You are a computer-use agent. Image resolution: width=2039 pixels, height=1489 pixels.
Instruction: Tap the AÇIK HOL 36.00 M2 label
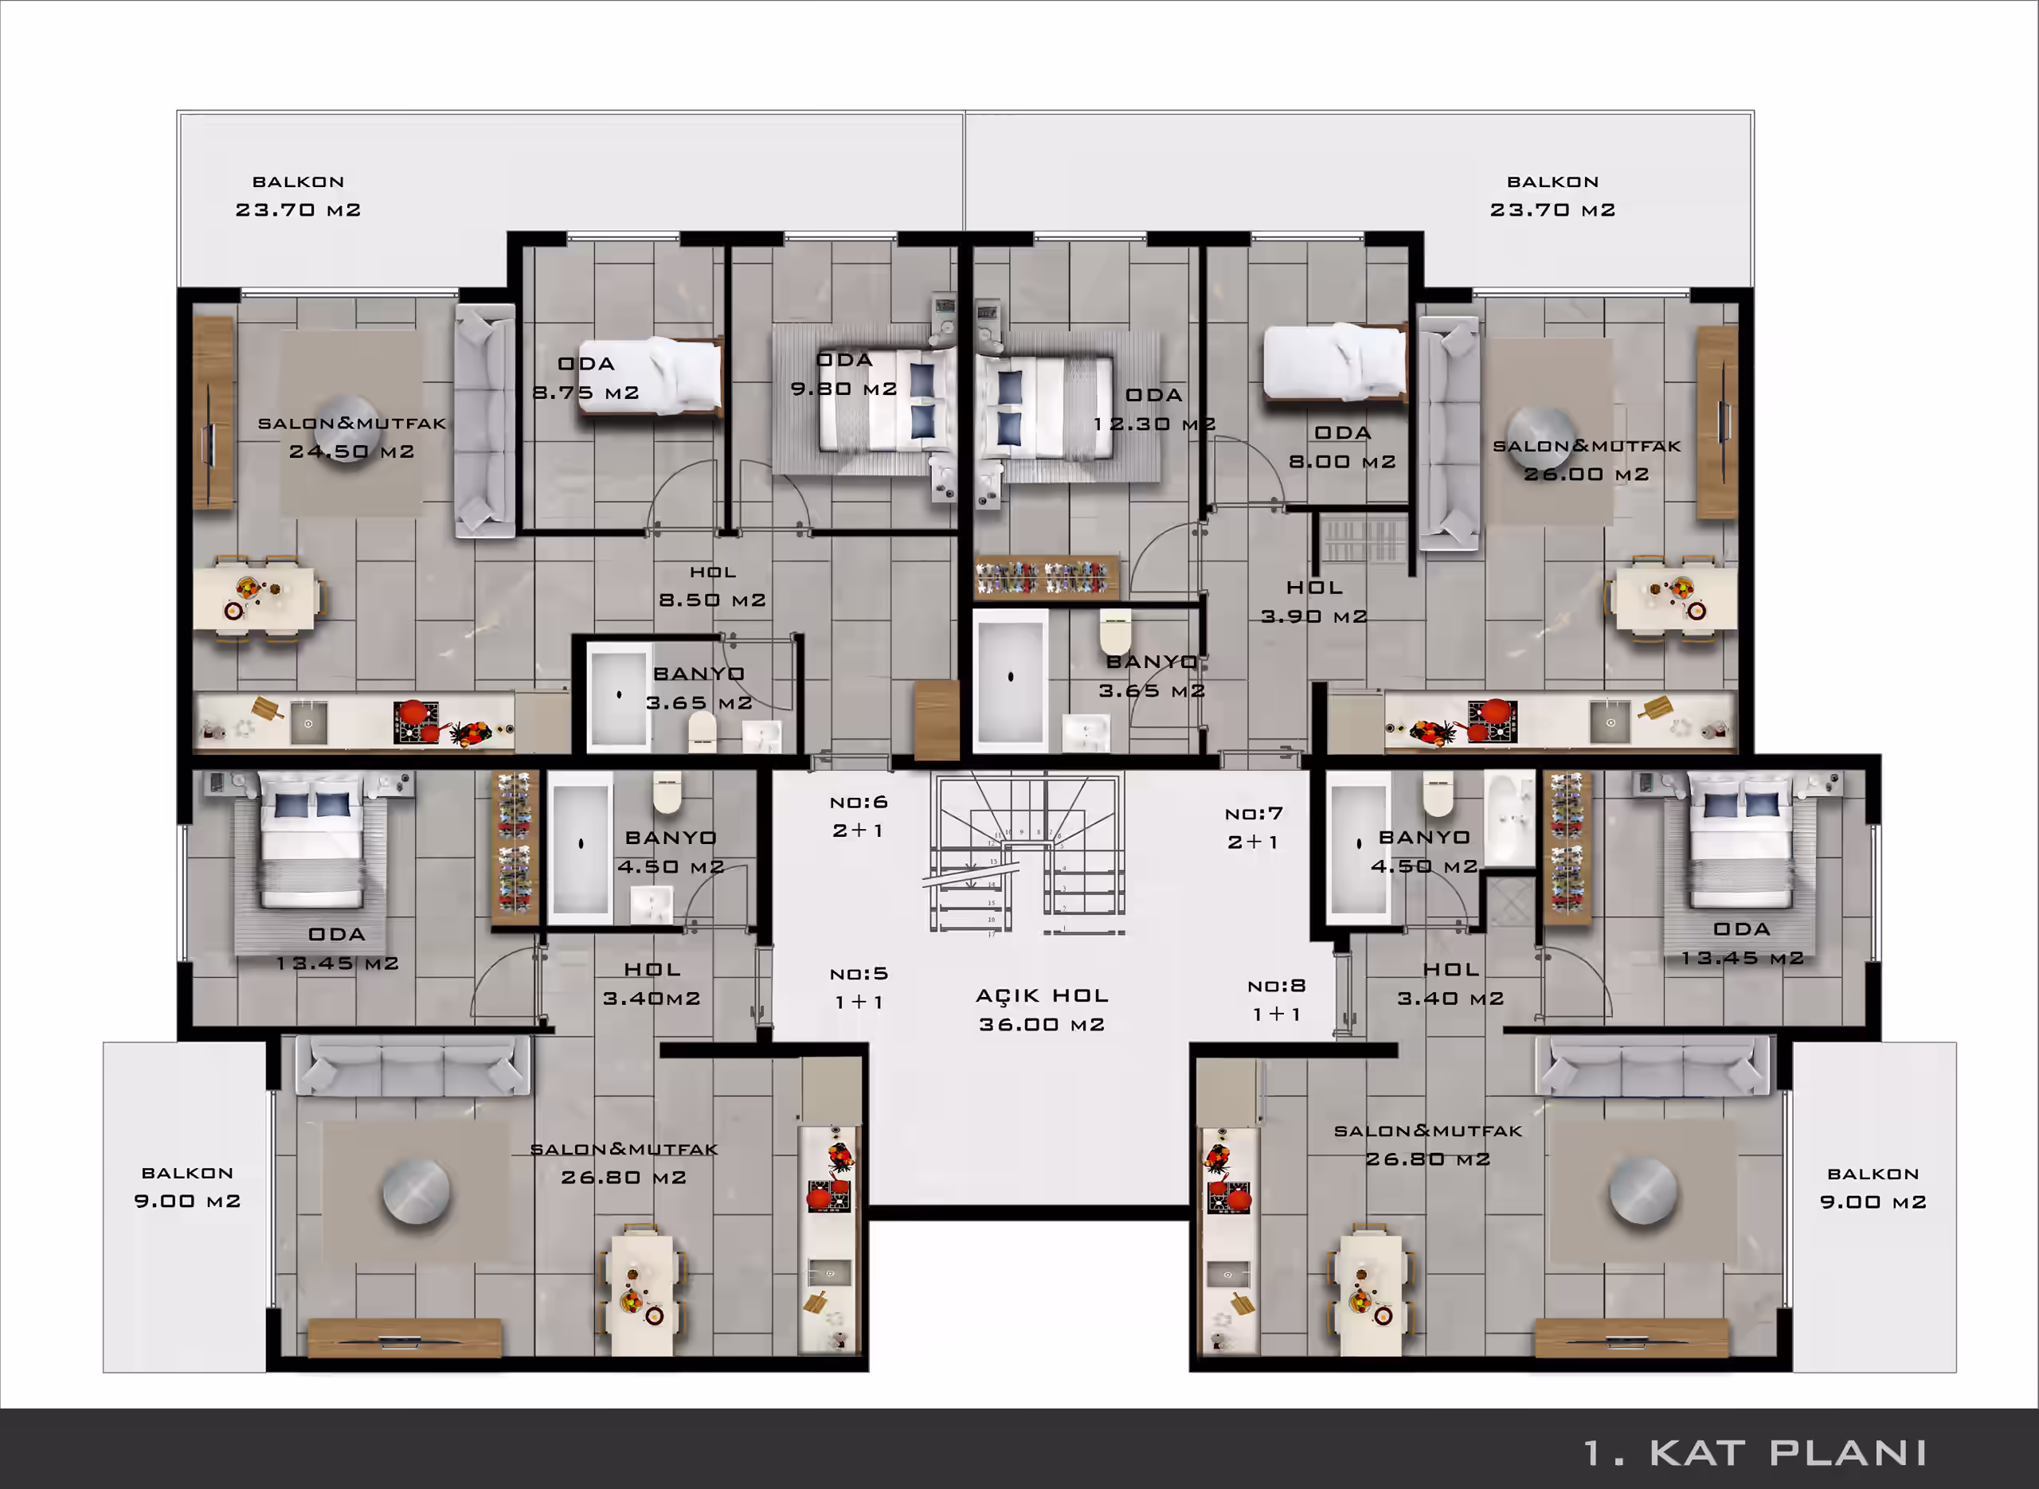[x=1042, y=1010]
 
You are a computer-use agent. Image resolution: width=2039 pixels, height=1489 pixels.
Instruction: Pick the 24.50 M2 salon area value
[x=351, y=451]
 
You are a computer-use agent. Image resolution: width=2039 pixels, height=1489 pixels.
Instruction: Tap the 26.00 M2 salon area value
[x=1587, y=474]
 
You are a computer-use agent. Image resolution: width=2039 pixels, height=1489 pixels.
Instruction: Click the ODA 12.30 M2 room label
[x=1154, y=409]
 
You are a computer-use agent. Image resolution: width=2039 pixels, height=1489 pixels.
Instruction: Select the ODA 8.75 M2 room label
[x=586, y=377]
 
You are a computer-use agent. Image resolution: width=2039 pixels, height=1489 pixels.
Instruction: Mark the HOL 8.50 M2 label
[x=712, y=586]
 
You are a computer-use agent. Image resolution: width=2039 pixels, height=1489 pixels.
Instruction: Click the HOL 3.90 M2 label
[x=1314, y=601]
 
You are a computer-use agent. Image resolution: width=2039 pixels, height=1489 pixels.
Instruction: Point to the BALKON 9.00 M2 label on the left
[x=187, y=1187]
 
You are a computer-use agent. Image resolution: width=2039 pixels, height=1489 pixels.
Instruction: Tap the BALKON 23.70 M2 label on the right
[x=1552, y=196]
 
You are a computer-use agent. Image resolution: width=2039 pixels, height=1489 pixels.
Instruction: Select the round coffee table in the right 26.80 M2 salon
[x=1643, y=1190]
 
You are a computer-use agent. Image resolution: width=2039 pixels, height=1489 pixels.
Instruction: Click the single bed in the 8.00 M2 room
[x=1335, y=362]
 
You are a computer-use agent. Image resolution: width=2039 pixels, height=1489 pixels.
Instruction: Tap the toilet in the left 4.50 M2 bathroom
[x=666, y=792]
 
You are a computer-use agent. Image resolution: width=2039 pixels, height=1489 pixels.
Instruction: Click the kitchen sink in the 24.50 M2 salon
[x=308, y=722]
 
